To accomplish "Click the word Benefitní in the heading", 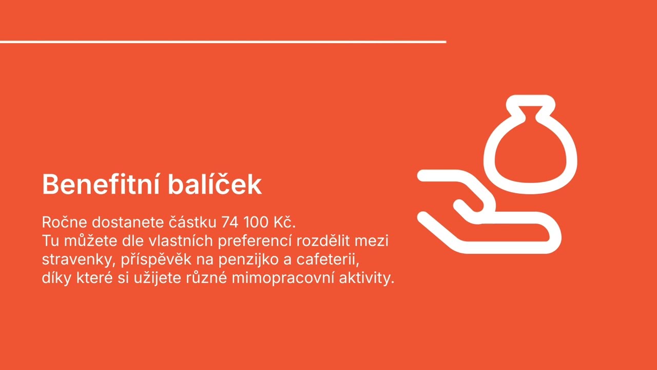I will pyautogui.click(x=100, y=184).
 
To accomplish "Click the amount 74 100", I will pyautogui.click(x=241, y=223).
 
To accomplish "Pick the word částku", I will pyautogui.click(x=193, y=223).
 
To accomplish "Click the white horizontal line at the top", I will pyautogui.click(x=223, y=42).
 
